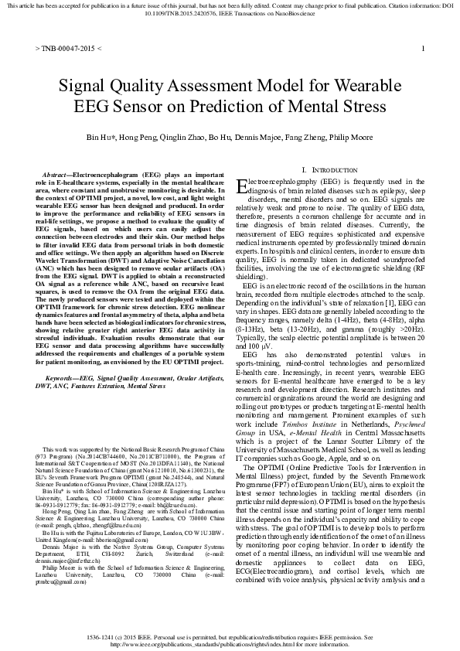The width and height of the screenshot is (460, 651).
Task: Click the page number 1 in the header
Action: pos(423,48)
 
